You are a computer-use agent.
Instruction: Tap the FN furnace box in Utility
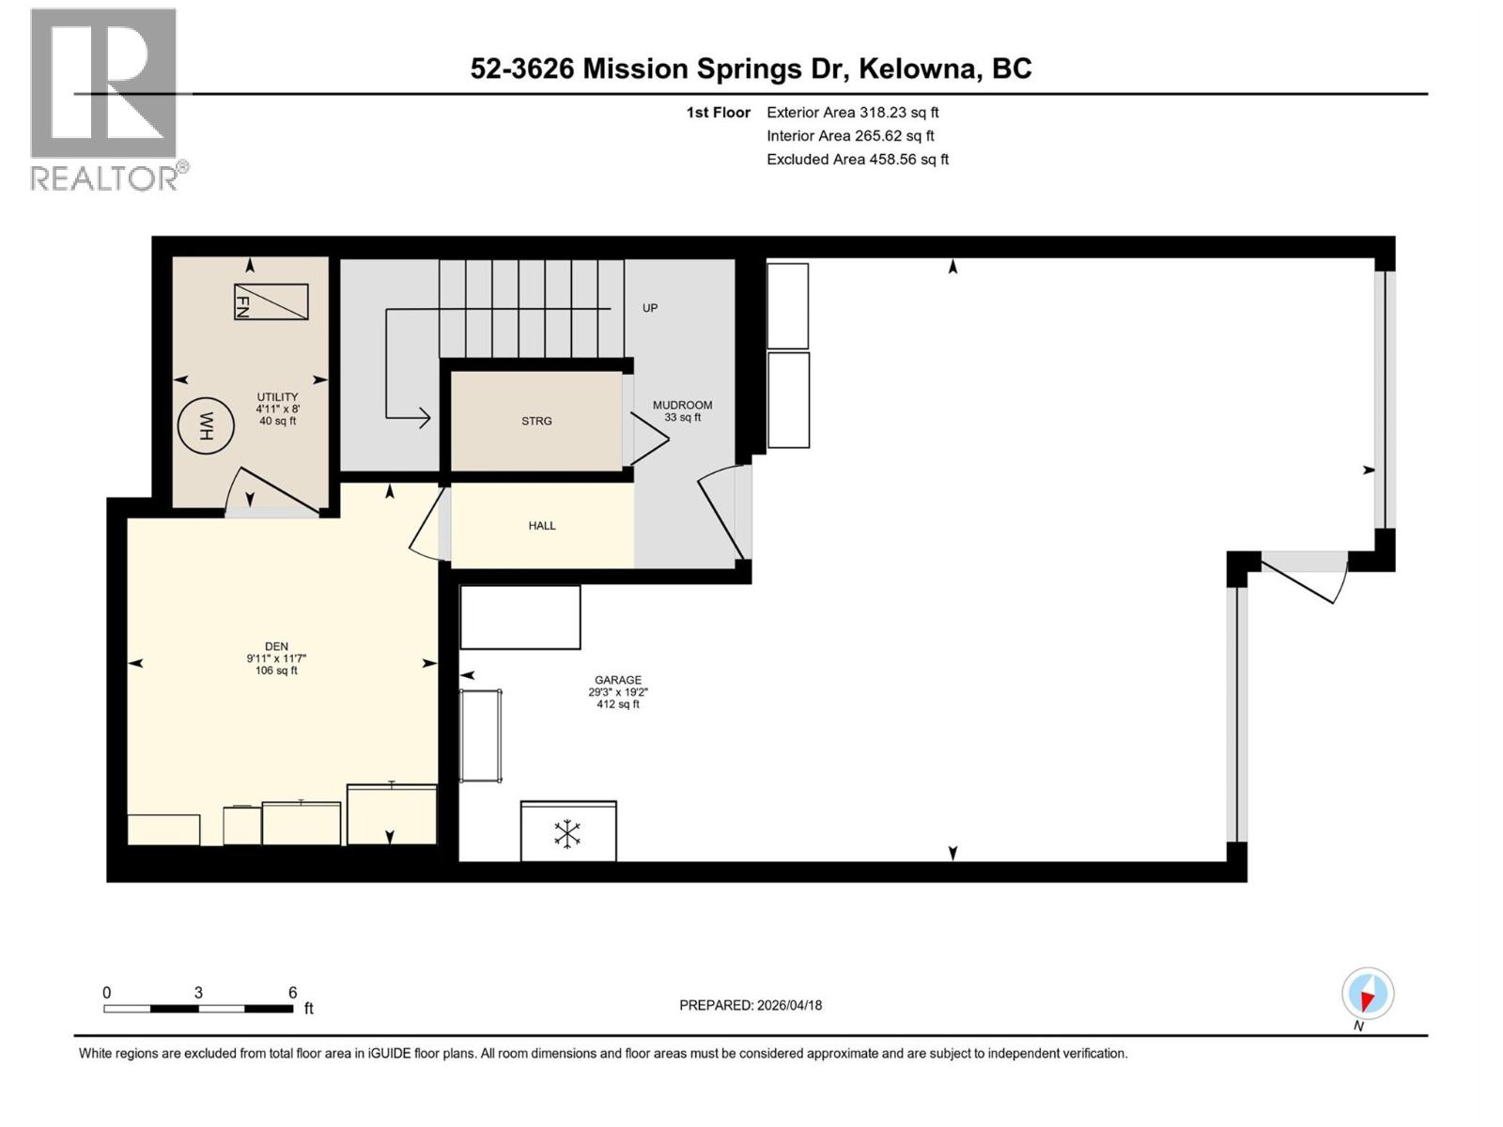click(271, 301)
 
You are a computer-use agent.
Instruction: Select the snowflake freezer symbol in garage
click(567, 833)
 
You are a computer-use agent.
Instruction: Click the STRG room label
click(536, 421)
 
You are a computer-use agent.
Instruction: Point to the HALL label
click(542, 526)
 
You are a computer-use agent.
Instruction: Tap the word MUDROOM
click(683, 405)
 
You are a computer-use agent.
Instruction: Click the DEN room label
click(276, 646)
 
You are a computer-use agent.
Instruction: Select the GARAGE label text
click(618, 680)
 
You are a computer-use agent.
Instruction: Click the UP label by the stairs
click(650, 308)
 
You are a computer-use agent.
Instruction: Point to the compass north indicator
click(1368, 995)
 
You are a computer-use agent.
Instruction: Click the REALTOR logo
click(104, 99)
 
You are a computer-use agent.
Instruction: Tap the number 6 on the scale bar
click(293, 993)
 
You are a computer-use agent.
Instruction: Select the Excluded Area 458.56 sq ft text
click(857, 160)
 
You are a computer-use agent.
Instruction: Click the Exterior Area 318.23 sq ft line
click(852, 113)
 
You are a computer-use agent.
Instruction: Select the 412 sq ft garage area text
click(618, 704)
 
